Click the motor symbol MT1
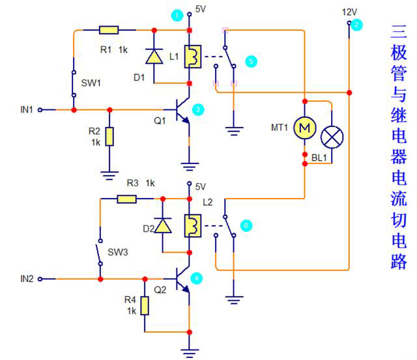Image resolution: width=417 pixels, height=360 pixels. tap(304, 128)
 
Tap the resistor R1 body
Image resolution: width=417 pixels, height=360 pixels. tap(108, 30)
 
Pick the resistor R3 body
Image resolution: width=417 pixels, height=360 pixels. tap(126, 199)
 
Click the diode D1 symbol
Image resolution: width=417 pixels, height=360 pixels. tap(154, 57)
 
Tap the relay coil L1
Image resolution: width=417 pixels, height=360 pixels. tap(190, 57)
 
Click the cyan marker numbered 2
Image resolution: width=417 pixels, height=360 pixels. tap(356, 25)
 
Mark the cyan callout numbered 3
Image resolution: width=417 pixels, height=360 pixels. tap(199, 110)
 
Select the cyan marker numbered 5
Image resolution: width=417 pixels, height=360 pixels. tap(251, 60)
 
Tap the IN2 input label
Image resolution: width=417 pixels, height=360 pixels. tap(27, 279)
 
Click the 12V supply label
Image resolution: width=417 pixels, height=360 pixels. tap(350, 12)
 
